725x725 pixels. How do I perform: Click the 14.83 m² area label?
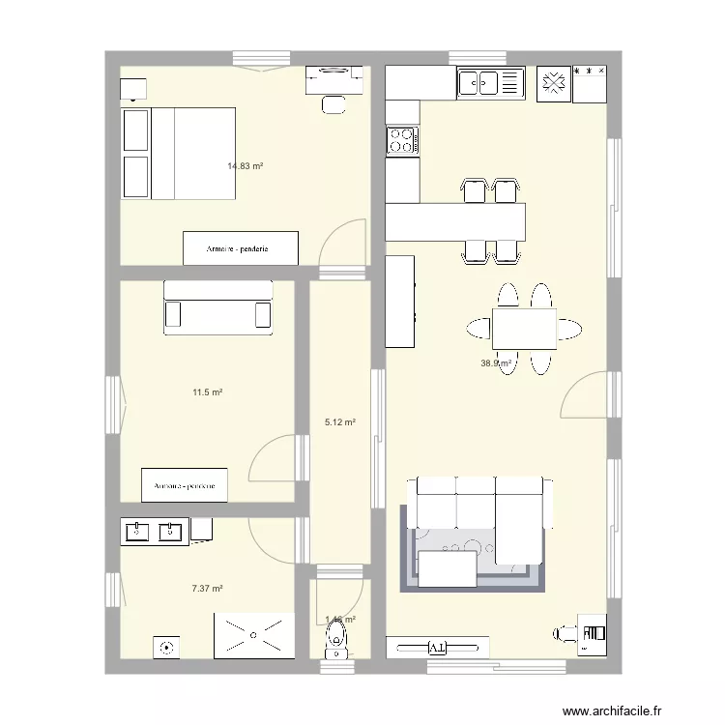(x=246, y=166)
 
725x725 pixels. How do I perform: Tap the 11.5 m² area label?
(x=208, y=392)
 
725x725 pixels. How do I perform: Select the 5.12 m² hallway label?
(x=340, y=422)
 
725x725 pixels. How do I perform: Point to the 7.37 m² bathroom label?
(x=208, y=588)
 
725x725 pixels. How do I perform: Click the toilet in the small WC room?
(x=336, y=638)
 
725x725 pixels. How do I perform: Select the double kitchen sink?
(x=489, y=84)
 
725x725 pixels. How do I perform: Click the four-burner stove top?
(x=402, y=141)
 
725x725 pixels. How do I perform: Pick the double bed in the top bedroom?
(x=180, y=153)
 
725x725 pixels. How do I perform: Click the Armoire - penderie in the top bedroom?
(x=240, y=248)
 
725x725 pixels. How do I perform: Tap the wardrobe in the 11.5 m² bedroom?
(x=184, y=485)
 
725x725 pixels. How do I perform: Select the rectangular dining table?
(x=524, y=328)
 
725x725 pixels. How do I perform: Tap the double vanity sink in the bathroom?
(x=155, y=531)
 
